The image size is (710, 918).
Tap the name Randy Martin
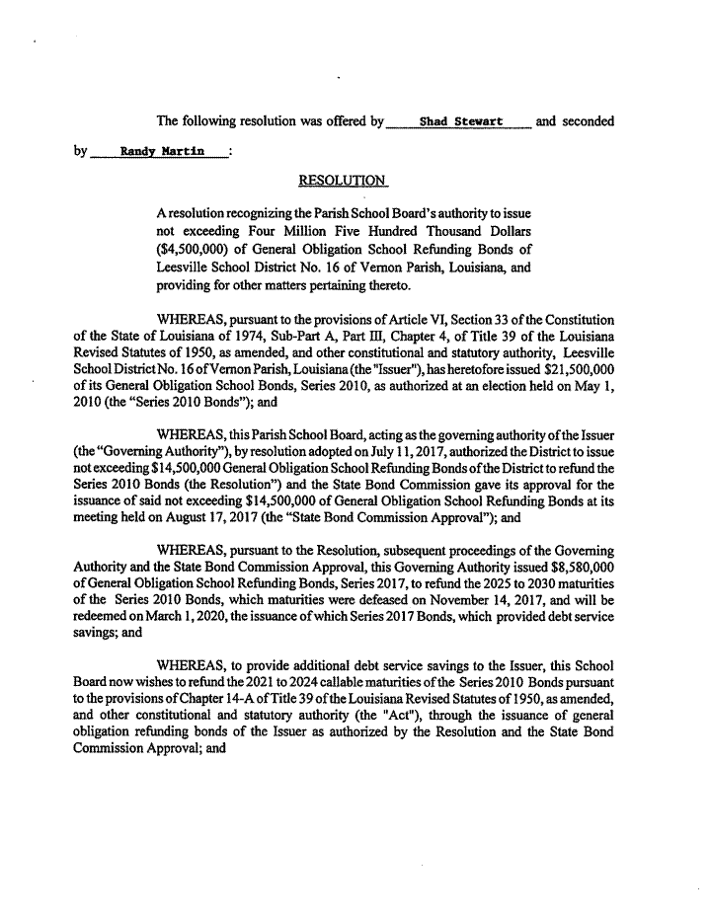[162, 152]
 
